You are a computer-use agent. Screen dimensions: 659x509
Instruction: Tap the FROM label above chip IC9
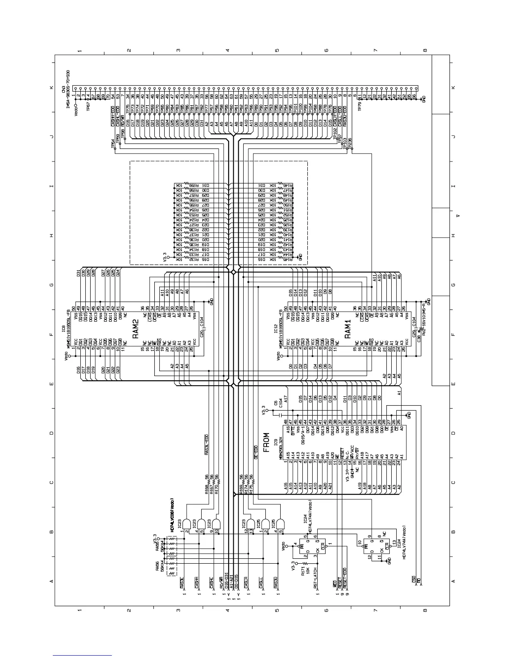pyautogui.click(x=267, y=439)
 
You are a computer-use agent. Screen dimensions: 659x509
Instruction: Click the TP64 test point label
pyautogui.click(x=113, y=144)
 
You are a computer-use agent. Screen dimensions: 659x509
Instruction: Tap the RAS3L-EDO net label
pyautogui.click(x=207, y=445)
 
